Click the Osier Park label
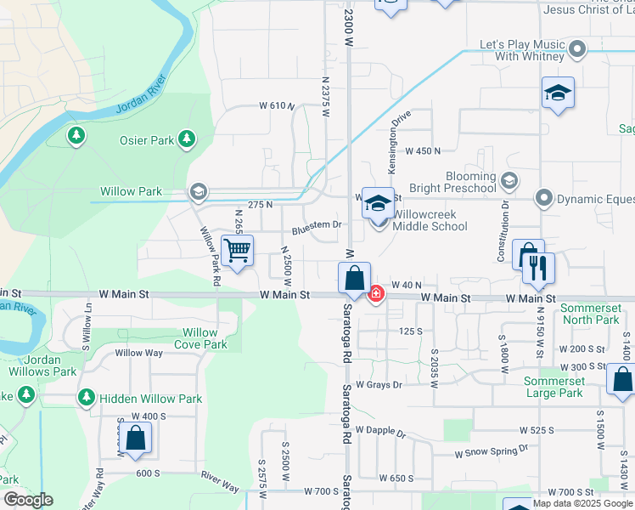tap(150, 140)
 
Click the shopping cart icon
tap(238, 251)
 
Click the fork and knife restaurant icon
tap(539, 268)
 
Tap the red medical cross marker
tap(375, 294)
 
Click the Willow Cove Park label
tap(200, 338)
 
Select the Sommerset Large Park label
tap(554, 387)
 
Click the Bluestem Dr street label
tap(317, 226)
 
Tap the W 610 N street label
tap(277, 106)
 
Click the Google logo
tap(28, 500)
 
